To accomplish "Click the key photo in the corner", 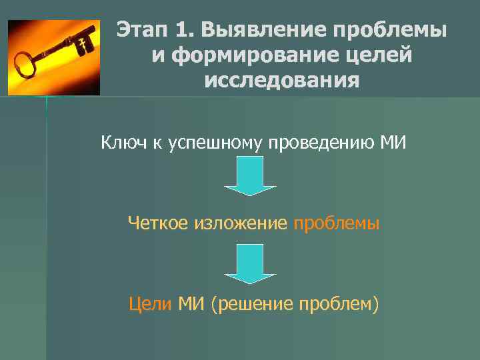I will click(53, 57).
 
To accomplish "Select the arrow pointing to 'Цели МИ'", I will click(250, 263).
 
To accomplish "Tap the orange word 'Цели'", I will click(150, 305).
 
